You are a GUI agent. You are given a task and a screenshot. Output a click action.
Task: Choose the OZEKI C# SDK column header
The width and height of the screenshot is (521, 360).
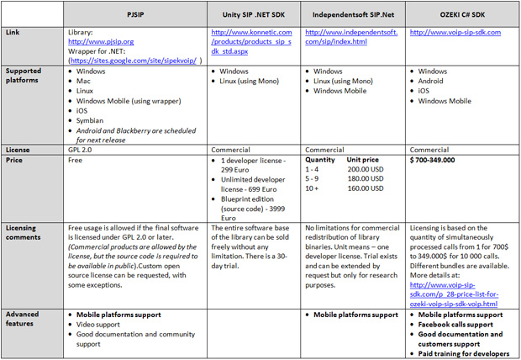(460, 13)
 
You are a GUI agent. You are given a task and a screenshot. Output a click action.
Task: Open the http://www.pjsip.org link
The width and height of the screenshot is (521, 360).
(102, 40)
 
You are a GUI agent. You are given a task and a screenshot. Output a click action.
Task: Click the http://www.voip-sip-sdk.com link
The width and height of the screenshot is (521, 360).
(455, 32)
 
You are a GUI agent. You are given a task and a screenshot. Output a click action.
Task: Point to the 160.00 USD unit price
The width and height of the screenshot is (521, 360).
(369, 188)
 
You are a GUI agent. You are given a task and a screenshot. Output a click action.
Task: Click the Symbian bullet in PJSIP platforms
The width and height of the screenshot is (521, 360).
(92, 121)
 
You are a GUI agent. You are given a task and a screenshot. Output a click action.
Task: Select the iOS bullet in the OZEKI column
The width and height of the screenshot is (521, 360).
(424, 91)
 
